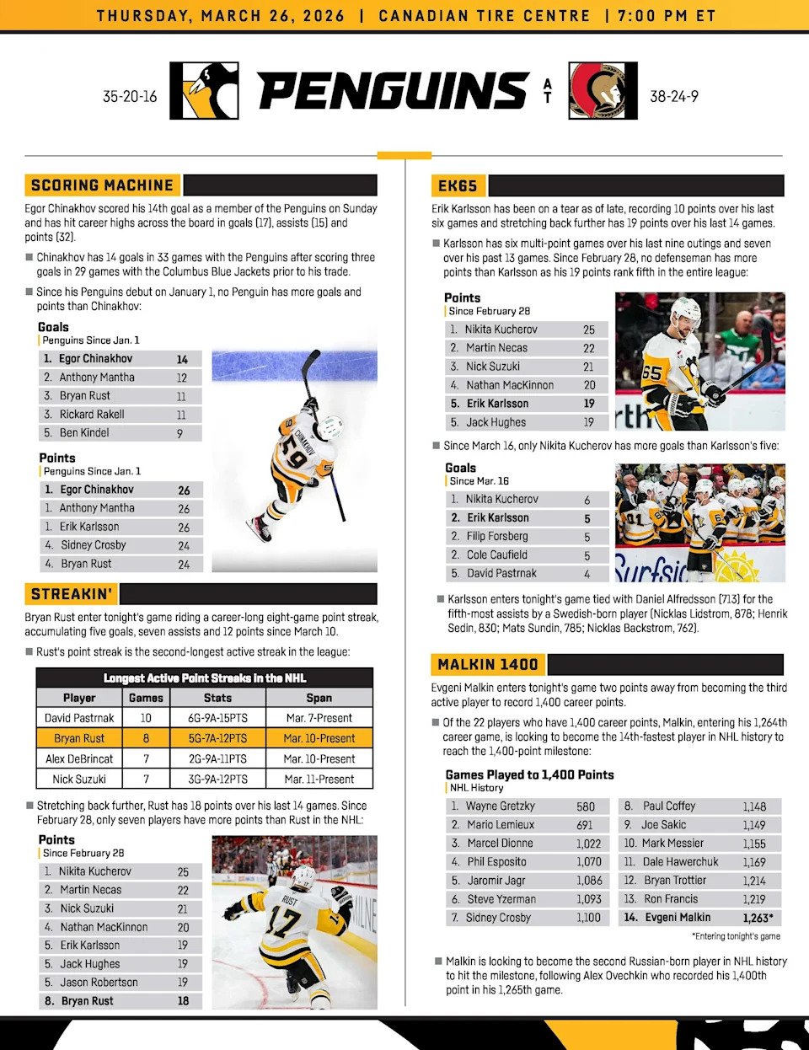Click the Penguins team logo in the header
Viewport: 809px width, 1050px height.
pos(204,91)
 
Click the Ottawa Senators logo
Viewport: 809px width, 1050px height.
pos(597,91)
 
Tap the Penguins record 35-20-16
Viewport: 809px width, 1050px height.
pos(130,96)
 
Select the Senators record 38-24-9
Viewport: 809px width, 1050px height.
pos(674,96)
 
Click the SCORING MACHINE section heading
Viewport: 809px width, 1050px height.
pos(102,185)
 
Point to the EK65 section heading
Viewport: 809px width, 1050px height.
pos(458,186)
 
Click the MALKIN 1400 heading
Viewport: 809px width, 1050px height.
pos(488,664)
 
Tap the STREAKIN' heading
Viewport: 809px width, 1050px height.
pos(72,594)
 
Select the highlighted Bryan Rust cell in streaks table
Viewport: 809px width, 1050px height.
pos(79,738)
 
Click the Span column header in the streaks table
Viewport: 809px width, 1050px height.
pos(319,698)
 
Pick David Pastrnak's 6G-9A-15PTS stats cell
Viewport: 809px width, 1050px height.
pos(217,718)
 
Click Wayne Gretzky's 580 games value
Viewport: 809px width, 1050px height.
pos(586,806)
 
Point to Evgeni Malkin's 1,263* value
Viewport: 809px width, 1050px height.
pos(758,918)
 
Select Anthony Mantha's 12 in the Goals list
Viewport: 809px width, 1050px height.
pos(181,378)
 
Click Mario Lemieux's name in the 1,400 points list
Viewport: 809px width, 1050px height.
pos(501,825)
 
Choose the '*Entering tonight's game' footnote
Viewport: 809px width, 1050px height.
pos(736,936)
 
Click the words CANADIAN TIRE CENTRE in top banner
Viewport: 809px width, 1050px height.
pos(485,16)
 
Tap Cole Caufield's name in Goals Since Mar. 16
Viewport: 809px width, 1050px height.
pos(497,555)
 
